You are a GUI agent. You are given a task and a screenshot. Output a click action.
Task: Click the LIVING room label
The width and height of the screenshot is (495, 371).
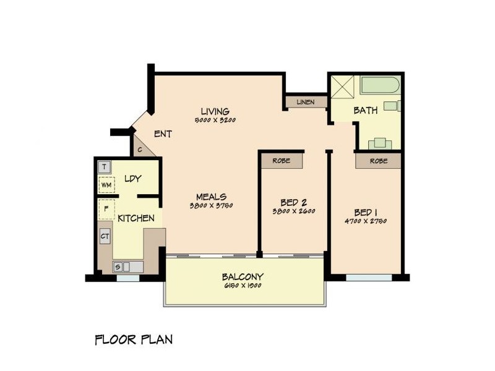pyautogui.click(x=215, y=112)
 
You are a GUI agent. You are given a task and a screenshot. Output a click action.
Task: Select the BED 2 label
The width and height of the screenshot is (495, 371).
pyautogui.click(x=294, y=202)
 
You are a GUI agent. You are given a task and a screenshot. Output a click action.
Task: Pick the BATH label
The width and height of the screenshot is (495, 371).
pyautogui.click(x=365, y=111)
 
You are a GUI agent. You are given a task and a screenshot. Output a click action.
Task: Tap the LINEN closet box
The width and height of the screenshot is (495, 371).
pyautogui.click(x=306, y=102)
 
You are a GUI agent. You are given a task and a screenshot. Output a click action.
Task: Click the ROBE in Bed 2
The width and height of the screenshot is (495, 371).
pyautogui.click(x=282, y=160)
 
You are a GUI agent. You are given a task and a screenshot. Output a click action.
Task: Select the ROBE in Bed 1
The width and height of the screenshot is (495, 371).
pyautogui.click(x=379, y=160)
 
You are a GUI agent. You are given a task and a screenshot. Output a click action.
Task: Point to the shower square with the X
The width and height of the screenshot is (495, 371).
pyautogui.click(x=342, y=87)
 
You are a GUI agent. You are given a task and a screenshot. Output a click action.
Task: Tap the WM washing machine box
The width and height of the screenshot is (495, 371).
pyautogui.click(x=105, y=185)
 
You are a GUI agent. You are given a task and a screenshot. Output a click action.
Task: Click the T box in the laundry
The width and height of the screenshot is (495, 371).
pyautogui.click(x=105, y=167)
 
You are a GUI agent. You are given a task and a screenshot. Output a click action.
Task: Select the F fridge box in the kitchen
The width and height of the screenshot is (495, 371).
pyautogui.click(x=105, y=210)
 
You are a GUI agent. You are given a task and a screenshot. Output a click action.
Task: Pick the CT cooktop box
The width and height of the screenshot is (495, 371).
pyautogui.click(x=105, y=236)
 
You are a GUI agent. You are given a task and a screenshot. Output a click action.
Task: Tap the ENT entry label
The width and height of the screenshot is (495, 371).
pyautogui.click(x=163, y=134)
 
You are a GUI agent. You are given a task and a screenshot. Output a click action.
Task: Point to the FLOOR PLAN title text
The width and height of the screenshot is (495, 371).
pyautogui.click(x=134, y=339)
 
